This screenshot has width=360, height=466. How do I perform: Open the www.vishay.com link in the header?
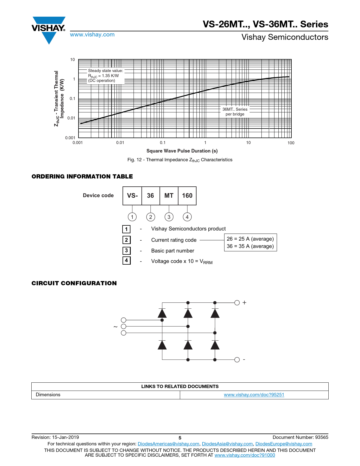[92, 34]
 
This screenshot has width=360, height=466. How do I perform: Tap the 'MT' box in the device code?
[169, 196]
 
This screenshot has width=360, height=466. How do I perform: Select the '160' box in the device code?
[187, 196]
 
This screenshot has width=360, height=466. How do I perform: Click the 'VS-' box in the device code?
[132, 196]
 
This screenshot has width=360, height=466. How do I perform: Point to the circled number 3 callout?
[169, 217]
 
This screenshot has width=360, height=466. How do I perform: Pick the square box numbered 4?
[126, 260]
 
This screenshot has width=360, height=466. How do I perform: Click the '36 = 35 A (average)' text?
[250, 246]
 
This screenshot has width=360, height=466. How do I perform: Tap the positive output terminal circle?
[237, 303]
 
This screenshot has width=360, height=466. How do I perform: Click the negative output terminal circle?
[237, 360]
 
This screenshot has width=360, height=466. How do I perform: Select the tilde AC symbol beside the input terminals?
[115, 327]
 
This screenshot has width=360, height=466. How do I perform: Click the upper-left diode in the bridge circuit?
[162, 313]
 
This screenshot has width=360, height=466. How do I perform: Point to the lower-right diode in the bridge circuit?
[215, 345]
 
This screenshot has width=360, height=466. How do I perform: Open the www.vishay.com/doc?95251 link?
[254, 395]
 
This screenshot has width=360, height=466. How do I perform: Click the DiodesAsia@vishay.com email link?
[227, 444]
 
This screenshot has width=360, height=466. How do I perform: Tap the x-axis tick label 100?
[291, 143]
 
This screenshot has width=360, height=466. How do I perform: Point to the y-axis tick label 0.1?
[73, 99]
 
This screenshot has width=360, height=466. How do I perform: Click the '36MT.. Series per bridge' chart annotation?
[235, 112]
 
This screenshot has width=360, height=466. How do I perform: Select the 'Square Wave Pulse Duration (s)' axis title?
[182, 151]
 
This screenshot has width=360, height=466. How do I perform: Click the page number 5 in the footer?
[180, 438]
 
